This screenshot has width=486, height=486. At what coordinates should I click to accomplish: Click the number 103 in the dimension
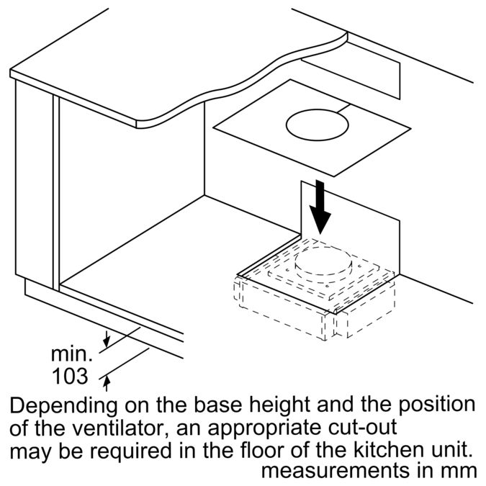(x=70, y=376)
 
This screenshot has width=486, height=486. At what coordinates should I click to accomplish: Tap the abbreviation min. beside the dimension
(x=71, y=354)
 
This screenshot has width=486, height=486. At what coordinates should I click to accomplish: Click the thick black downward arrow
(x=320, y=207)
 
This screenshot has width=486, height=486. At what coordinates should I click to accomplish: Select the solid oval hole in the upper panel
(x=318, y=125)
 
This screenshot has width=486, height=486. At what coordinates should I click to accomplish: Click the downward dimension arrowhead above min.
(x=107, y=342)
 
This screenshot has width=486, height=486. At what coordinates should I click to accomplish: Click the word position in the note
(x=436, y=406)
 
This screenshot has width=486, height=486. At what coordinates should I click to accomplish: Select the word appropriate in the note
(x=264, y=430)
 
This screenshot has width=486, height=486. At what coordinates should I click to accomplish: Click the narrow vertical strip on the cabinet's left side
(x=56, y=193)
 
